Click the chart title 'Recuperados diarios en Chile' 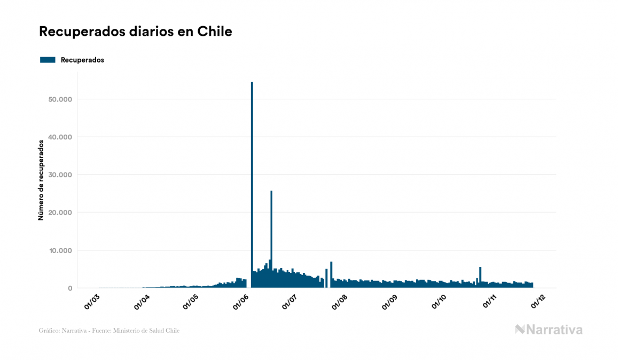coord(136,32)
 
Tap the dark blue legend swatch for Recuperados coord(48,60)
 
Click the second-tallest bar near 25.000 coord(271,235)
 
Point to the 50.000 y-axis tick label coord(59,99)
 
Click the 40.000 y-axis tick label coord(59,137)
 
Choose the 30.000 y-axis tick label coord(59,175)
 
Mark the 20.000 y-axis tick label coord(59,213)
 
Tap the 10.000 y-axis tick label coord(59,251)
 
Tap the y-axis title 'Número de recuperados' coord(41,180)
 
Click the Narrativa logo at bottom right coord(549,330)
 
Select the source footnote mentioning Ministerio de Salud coord(109,331)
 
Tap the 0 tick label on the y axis coord(69,288)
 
